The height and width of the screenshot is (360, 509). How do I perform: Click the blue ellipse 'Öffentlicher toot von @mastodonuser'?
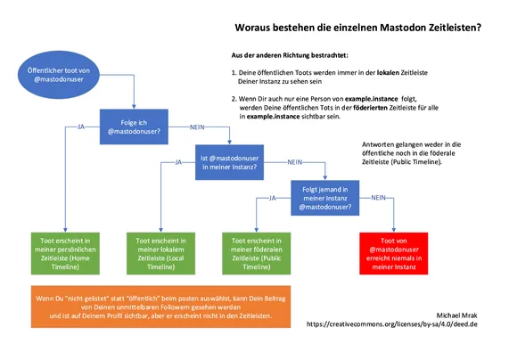(59, 75)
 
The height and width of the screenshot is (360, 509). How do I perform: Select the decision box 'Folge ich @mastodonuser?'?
(134, 127)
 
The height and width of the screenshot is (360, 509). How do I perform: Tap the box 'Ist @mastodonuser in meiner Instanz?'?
(229, 162)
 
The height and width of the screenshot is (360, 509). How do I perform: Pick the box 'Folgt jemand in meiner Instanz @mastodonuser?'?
(325, 198)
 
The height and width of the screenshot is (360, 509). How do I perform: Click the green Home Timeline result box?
(65, 254)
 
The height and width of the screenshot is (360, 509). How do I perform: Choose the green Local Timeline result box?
(160, 254)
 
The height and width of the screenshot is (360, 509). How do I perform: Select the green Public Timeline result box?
(257, 254)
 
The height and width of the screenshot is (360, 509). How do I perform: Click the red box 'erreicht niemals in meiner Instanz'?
(393, 254)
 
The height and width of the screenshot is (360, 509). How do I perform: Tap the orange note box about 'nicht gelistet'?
(160, 307)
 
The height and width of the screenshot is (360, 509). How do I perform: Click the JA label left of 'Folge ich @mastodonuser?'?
(81, 127)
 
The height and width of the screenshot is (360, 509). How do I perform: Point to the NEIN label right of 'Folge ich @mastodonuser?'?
(197, 127)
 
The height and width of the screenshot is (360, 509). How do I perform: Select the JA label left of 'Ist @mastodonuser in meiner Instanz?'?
(178, 162)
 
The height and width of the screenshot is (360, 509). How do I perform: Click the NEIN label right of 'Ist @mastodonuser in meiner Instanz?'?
(295, 162)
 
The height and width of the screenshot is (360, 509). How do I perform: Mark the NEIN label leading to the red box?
(379, 198)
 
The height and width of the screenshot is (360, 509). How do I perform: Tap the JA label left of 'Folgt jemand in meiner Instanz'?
(273, 198)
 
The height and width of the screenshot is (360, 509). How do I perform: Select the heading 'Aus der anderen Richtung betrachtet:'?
(290, 55)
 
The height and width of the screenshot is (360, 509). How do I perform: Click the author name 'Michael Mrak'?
(456, 315)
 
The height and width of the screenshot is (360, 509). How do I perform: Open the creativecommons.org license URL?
(392, 324)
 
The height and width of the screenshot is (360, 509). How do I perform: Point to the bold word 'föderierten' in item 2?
(371, 108)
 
